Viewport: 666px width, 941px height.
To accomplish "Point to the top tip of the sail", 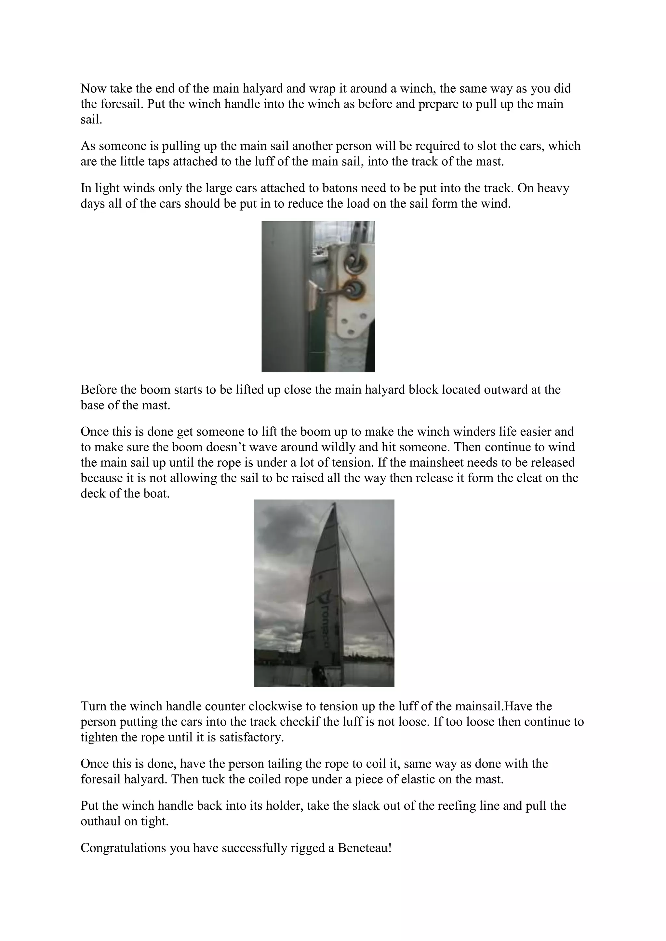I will click(335, 503).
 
